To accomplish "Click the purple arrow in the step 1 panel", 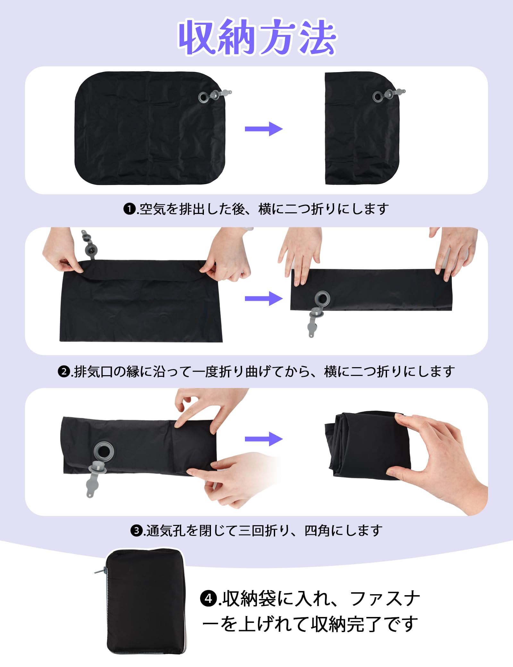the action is (x=264, y=129).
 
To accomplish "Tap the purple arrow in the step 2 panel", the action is (x=264, y=299).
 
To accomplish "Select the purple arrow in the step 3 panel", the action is (x=264, y=439).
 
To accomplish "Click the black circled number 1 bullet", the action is (x=130, y=209).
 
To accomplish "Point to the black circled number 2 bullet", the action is (x=64, y=372).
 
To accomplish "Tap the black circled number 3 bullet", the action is (x=137, y=531).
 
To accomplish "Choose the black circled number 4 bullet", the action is (x=209, y=599).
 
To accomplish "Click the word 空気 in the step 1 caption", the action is (x=153, y=209).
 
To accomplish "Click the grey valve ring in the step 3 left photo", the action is (x=103, y=452).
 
